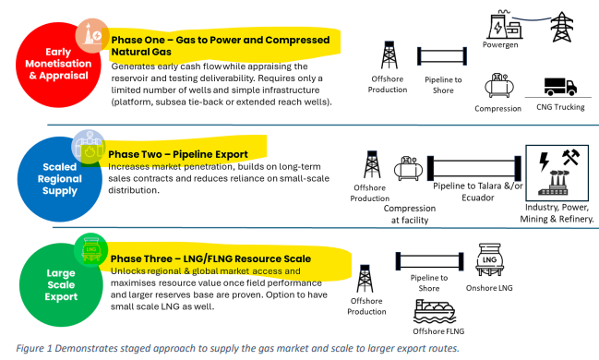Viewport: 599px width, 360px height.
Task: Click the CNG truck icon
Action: [x=560, y=87]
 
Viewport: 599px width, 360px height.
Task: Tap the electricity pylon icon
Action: [x=561, y=27]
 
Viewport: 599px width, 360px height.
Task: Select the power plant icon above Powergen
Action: [x=505, y=25]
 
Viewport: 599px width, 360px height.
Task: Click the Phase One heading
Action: [x=220, y=46]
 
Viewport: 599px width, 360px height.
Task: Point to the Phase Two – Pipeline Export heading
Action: [x=178, y=154]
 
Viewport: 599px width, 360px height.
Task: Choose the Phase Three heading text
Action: [x=210, y=258]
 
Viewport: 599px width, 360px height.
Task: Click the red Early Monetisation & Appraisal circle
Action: [x=58, y=64]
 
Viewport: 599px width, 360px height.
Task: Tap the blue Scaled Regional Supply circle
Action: [x=60, y=179]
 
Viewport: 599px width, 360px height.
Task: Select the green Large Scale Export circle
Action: [x=61, y=284]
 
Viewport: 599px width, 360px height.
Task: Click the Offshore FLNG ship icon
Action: [x=435, y=311]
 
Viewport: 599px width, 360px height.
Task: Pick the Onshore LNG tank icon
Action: [x=489, y=260]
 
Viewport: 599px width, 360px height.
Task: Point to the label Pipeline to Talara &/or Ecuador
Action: [x=477, y=192]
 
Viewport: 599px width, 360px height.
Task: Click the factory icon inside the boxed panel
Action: [x=554, y=183]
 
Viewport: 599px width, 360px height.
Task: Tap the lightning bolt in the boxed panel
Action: [x=544, y=162]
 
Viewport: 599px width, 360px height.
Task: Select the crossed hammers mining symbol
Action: [x=570, y=157]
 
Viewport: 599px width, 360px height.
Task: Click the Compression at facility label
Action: [x=410, y=214]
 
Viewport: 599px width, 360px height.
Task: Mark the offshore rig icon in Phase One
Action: [x=389, y=55]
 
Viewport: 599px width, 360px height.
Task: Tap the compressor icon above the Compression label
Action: [x=499, y=86]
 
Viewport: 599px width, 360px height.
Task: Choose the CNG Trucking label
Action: [x=560, y=107]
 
